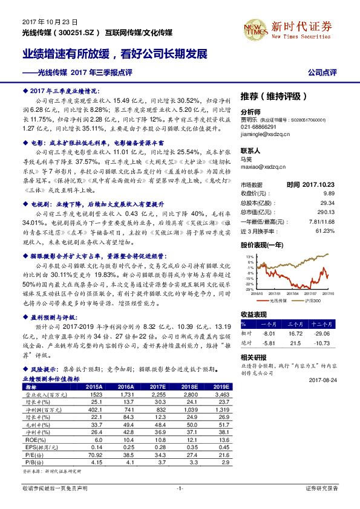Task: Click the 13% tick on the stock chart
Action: tap(250, 256)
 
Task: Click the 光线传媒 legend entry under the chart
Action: tap(275, 299)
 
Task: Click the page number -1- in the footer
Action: tap(180, 487)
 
